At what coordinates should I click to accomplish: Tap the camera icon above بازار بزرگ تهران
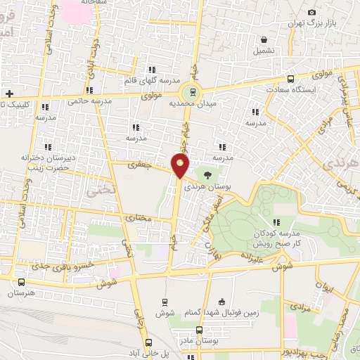(x=312, y=13)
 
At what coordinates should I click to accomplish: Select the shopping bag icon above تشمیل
(x=263, y=40)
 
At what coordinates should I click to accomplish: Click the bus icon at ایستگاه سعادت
(x=291, y=79)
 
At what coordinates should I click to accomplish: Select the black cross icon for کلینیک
(x=9, y=94)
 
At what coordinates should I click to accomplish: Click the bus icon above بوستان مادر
(x=200, y=330)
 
